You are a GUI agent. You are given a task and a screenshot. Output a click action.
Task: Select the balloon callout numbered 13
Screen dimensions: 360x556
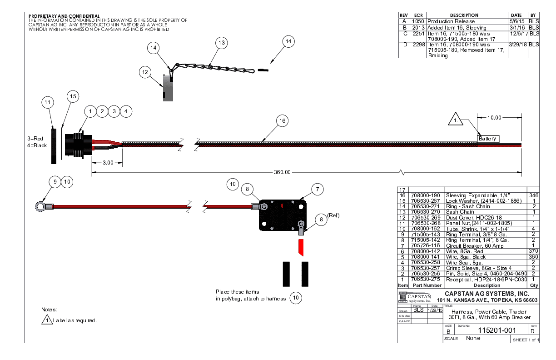click(221, 43)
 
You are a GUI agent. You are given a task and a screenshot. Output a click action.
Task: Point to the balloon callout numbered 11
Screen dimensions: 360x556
click(48, 103)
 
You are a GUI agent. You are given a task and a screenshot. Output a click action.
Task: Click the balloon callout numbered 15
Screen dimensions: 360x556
click(73, 96)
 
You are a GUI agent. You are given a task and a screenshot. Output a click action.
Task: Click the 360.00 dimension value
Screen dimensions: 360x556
click(282, 172)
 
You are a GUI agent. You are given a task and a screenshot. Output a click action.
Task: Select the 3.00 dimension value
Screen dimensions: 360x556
click(108, 163)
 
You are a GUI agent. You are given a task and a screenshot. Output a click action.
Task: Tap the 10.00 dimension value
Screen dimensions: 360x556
click(494, 118)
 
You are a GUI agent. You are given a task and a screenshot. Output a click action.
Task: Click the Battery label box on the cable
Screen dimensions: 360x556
click(488, 139)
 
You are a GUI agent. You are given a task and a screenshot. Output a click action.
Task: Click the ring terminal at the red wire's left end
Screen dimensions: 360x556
click(40, 207)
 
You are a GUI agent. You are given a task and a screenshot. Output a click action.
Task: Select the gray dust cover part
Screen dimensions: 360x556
click(168, 87)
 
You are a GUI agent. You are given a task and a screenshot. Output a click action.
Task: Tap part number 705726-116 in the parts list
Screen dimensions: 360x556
click(426, 245)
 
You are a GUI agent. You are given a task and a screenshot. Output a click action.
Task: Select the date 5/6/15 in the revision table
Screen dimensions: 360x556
click(517, 21)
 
